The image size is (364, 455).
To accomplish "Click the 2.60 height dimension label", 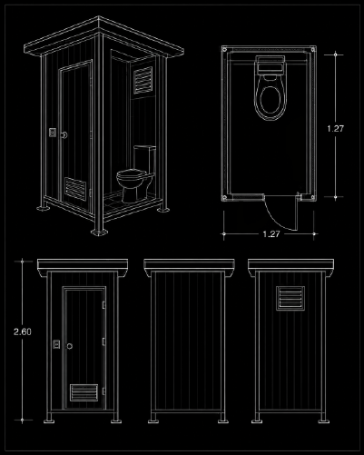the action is (23, 331).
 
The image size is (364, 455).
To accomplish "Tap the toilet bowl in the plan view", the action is (271, 97).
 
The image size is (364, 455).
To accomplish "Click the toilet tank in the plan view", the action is (271, 64).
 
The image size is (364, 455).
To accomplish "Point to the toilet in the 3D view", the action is (136, 174).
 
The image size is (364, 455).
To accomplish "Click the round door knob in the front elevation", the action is (70, 346).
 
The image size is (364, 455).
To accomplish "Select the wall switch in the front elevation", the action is (56, 344).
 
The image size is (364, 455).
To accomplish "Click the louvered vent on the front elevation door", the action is (84, 392).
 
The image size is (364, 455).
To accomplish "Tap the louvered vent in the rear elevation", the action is (290, 298).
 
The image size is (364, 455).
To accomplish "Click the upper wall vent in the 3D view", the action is (143, 80).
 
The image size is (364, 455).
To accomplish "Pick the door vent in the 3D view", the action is (75, 189).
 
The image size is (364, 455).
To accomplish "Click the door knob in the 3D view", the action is (64, 135).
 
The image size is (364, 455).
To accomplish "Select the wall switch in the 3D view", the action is (53, 133).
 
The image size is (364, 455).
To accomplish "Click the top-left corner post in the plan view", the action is (224, 49).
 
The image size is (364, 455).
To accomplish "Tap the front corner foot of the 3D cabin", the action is (99, 232).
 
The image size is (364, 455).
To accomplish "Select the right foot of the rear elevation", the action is (323, 420).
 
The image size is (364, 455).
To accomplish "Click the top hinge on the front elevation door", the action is (103, 304).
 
